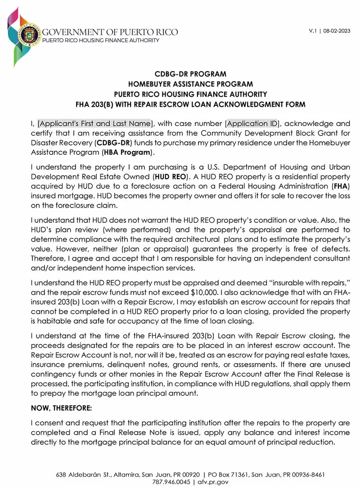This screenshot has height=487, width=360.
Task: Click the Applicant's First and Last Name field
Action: point(95,123)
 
